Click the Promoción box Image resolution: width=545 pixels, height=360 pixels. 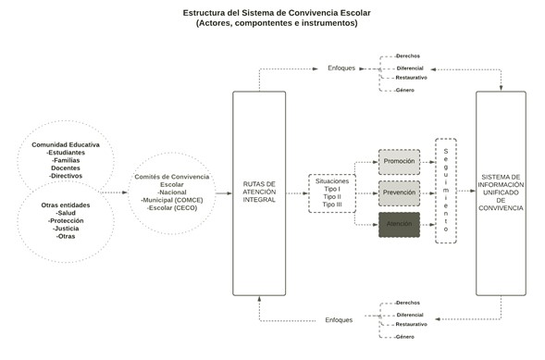[x=399, y=161]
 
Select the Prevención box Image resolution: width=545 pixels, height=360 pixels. [x=399, y=193]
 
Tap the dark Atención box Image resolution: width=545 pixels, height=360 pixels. [x=399, y=225]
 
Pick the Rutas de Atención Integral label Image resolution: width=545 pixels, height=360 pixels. [x=259, y=192]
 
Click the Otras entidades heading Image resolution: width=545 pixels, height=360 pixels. [x=66, y=205]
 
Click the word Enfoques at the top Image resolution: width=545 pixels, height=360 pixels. [x=341, y=68]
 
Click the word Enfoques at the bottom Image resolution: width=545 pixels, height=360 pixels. [x=339, y=319]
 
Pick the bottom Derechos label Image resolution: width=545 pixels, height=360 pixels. [x=406, y=303]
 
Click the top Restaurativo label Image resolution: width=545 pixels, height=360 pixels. [x=411, y=78]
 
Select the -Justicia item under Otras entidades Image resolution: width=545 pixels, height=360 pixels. [x=66, y=229]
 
